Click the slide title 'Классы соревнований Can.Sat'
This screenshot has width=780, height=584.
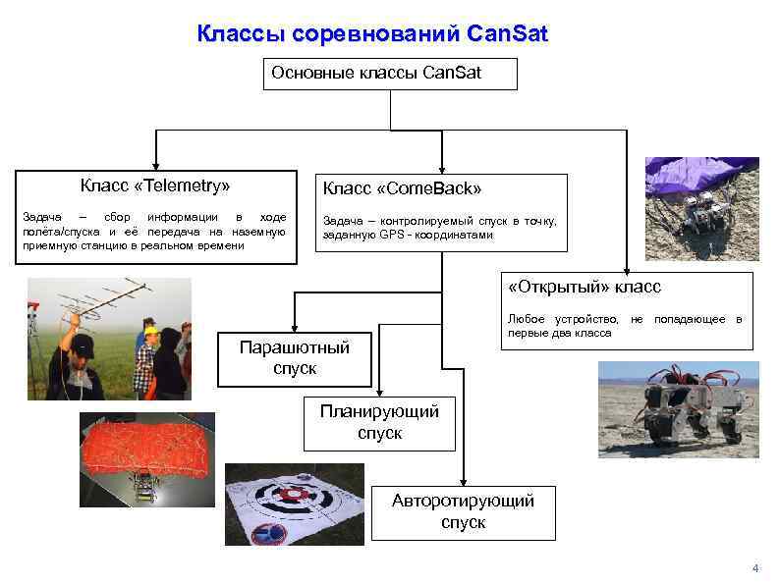pyautogui.click(x=372, y=35)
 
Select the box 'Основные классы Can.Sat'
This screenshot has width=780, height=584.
pyautogui.click(x=390, y=73)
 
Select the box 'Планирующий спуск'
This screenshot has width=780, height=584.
pyautogui.click(x=379, y=422)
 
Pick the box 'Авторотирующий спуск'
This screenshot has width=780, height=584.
pyautogui.click(x=463, y=511)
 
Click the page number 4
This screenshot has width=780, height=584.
pyautogui.click(x=754, y=568)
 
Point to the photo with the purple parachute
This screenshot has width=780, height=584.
pyautogui.click(x=701, y=201)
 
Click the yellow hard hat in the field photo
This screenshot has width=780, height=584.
pyautogui.click(x=150, y=331)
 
